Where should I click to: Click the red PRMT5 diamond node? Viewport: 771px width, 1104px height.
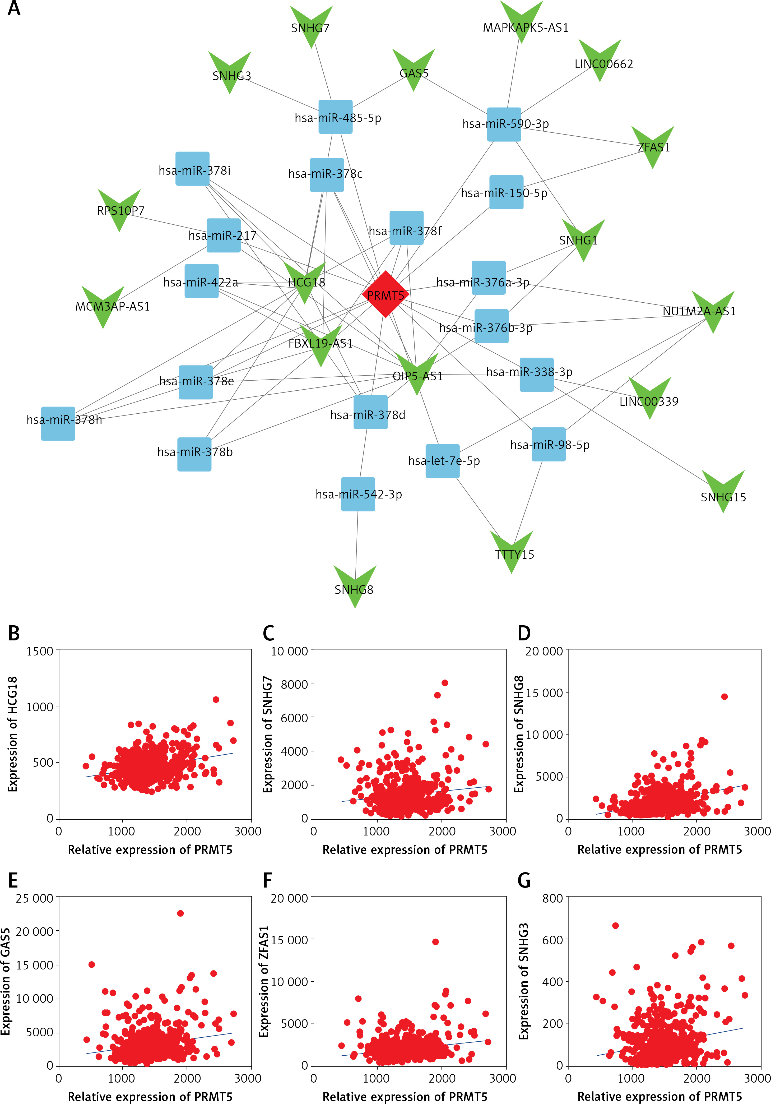[x=385, y=294]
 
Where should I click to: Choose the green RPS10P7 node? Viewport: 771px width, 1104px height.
[x=119, y=209]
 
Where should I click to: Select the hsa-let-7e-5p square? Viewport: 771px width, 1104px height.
[x=443, y=461]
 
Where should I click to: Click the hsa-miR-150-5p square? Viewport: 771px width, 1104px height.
[x=506, y=192]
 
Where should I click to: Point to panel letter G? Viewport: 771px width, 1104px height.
[x=524, y=881]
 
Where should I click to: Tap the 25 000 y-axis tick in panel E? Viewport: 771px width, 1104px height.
[x=35, y=898]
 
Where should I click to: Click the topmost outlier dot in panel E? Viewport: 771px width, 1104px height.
[x=180, y=913]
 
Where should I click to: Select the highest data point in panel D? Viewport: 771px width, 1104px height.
[x=724, y=697]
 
